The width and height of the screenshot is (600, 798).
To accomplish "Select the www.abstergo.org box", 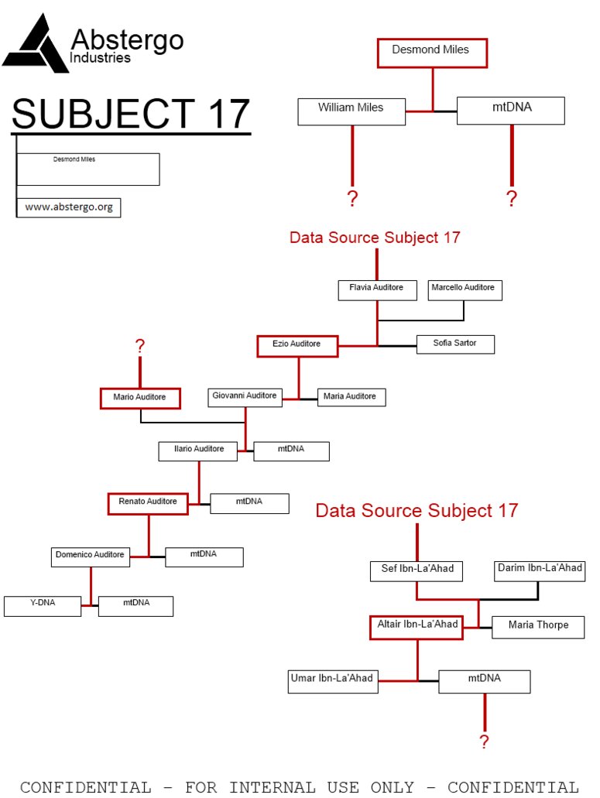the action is pyautogui.click(x=69, y=207).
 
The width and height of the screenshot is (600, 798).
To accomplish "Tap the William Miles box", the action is pyautogui.click(x=351, y=111).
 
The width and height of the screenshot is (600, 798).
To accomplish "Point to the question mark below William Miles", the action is pyautogui.click(x=353, y=199).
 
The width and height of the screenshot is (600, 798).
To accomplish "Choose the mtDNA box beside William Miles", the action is pyautogui.click(x=511, y=111).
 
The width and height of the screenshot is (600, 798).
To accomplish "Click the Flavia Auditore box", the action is pyautogui.click(x=376, y=290).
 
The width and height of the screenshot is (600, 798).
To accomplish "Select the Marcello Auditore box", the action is pyautogui.click(x=465, y=290).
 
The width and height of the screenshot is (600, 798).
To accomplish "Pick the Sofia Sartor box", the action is pyautogui.click(x=455, y=344).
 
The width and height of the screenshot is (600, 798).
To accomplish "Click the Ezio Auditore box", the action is pyautogui.click(x=297, y=345).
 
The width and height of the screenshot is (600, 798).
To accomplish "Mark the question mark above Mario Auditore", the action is pyautogui.click(x=140, y=347).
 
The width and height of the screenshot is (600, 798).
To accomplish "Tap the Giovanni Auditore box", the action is pyautogui.click(x=244, y=398).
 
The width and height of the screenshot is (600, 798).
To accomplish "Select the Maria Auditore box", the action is pyautogui.click(x=351, y=398).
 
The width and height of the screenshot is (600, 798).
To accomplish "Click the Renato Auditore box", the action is pyautogui.click(x=148, y=503).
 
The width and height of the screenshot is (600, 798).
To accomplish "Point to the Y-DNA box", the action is pyautogui.click(x=43, y=605).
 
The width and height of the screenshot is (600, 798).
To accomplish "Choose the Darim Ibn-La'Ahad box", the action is pyautogui.click(x=540, y=571).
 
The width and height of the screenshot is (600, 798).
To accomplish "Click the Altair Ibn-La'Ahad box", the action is pyautogui.click(x=417, y=627).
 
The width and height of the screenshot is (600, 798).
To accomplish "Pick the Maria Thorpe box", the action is pyautogui.click(x=538, y=626).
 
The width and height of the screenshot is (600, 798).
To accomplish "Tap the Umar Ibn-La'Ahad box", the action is pyautogui.click(x=333, y=681).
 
